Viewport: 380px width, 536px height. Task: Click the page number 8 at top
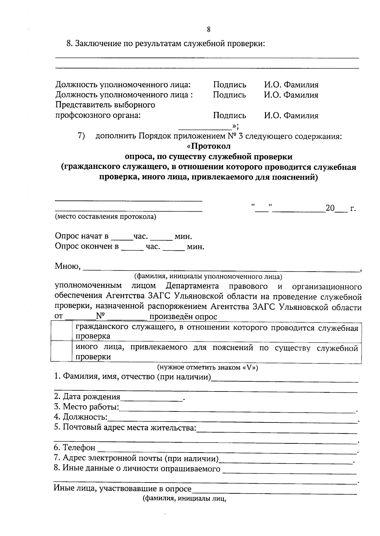208,29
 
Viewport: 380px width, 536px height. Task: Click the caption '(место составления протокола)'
105,217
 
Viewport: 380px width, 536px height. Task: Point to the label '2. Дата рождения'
87,397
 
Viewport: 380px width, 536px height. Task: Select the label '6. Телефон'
74,448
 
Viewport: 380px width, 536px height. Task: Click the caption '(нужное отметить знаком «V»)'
208,368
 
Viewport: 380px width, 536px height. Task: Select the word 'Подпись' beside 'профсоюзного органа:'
229,115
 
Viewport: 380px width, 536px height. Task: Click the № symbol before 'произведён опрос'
101,316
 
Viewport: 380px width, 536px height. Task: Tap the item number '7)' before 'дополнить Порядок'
81,136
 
